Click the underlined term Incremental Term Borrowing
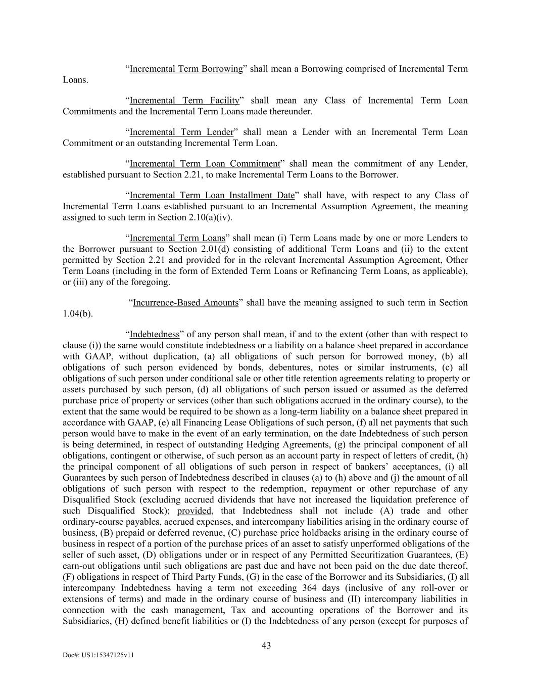[186, 69]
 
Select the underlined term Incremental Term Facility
[184, 101]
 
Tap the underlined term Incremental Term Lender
[182, 132]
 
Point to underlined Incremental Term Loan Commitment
[205, 164]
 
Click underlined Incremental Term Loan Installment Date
[212, 196]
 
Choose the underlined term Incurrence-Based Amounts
[185, 303]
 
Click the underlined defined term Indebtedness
[155, 335]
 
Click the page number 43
[266, 646]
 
